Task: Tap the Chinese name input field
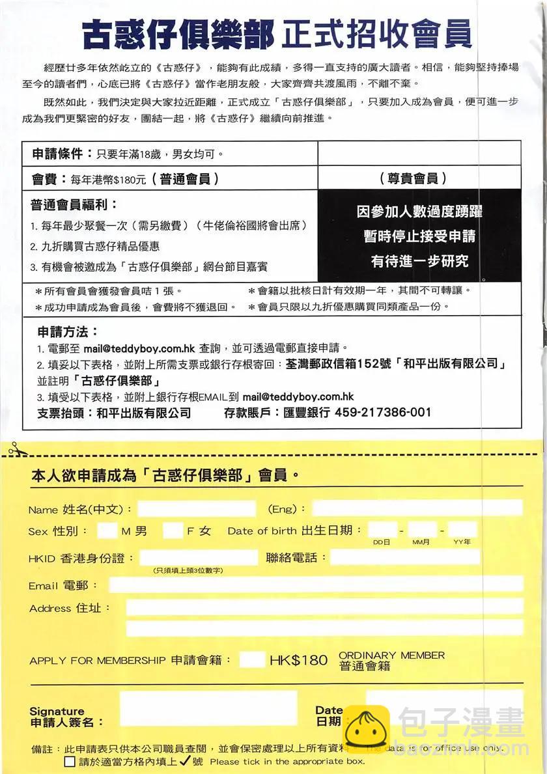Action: point(197,509)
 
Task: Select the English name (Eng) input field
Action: point(417,508)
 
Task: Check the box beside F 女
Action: point(173,531)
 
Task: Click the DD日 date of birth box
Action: point(382,530)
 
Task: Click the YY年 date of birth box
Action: point(462,530)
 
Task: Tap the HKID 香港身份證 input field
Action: point(199,558)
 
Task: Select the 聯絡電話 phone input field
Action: point(404,557)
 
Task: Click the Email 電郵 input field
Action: point(316,585)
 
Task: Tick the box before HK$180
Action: point(252,659)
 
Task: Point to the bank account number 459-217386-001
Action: point(383,412)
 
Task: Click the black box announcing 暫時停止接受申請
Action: point(419,236)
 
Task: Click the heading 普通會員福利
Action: point(74,205)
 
